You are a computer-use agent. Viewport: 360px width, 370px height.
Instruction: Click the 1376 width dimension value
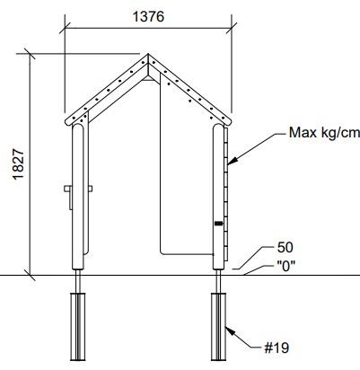pyautogui.click(x=148, y=17)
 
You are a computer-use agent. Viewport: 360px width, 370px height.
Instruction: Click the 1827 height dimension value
pyautogui.click(x=18, y=164)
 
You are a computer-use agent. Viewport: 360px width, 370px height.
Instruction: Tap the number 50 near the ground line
pyautogui.click(x=285, y=248)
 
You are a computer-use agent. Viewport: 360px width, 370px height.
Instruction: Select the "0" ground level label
pyautogui.click(x=286, y=266)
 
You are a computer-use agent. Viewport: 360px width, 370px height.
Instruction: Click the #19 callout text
pyautogui.click(x=277, y=348)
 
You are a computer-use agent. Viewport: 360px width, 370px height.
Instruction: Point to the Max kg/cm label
pyautogui.click(x=324, y=132)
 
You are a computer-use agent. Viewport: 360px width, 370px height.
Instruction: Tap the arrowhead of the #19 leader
pyautogui.click(x=229, y=331)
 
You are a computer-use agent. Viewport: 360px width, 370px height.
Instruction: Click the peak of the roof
pyautogui.click(x=148, y=55)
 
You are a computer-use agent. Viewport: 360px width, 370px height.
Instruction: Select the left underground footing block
pyautogui.click(x=77, y=327)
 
